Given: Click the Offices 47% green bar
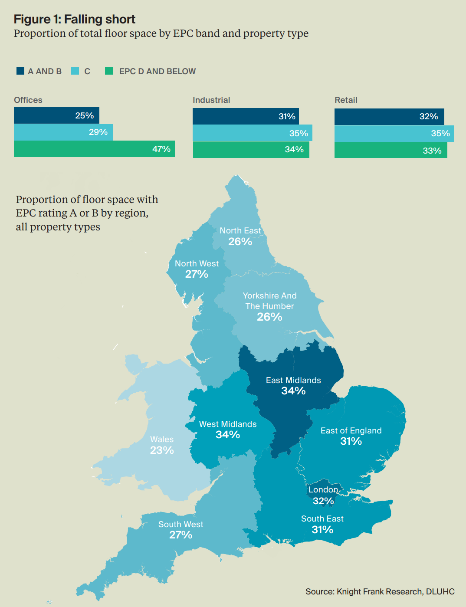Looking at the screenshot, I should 94,149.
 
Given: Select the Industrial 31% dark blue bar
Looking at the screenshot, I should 246,116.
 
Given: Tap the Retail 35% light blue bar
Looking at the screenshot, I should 394,133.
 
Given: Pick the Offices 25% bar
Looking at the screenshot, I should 56,115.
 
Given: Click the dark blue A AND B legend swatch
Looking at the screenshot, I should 20,71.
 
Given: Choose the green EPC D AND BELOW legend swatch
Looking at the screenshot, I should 109,71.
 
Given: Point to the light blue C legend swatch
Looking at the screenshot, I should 75,71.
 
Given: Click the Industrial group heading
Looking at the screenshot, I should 211,100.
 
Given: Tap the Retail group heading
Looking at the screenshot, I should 346,100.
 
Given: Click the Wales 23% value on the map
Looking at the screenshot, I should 162,450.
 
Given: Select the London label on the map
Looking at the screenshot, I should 323,490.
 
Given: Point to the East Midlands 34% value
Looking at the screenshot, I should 293,391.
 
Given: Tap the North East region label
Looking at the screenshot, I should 240,231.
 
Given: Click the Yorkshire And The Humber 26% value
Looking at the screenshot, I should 269,317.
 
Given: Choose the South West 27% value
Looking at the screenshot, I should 180,535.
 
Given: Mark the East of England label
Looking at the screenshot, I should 351,430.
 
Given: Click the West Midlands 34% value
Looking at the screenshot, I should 228,435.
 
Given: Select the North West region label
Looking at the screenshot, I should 197,263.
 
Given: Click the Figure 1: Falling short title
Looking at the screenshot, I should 75,19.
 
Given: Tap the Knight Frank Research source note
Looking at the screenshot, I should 380,591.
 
